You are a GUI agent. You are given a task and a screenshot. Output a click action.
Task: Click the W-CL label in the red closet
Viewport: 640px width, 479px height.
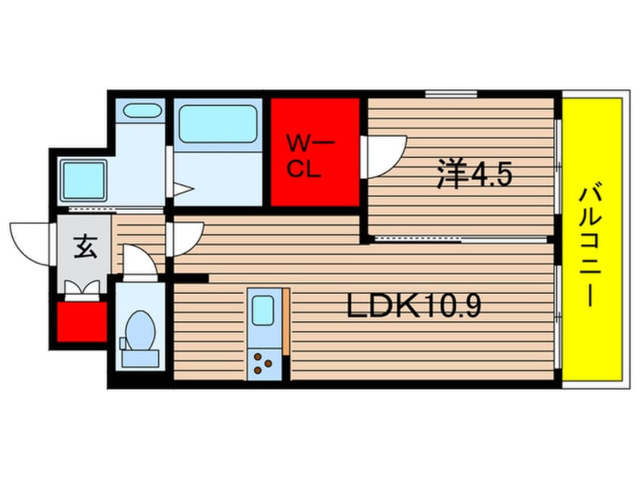click(310, 156)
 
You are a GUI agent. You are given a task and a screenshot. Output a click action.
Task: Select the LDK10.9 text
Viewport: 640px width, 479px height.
click(414, 306)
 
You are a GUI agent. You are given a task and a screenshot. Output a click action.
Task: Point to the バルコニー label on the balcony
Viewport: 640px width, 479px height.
click(591, 246)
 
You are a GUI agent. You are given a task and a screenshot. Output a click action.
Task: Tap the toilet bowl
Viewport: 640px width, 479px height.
click(141, 330)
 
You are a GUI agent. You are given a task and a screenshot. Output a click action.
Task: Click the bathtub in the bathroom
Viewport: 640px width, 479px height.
click(218, 123)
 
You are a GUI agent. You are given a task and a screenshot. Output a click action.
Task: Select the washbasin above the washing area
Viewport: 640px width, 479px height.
click(141, 110)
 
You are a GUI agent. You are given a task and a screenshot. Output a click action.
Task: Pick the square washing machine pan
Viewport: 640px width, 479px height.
click(83, 180)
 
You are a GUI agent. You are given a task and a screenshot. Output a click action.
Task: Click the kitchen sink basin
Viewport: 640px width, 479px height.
click(263, 311)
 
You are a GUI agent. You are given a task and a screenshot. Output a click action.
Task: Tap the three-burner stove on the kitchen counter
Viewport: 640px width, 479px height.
click(262, 363)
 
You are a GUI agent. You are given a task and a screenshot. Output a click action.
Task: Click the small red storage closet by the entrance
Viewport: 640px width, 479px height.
click(82, 321)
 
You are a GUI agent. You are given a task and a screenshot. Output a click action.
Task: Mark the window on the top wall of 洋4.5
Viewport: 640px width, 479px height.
click(451, 94)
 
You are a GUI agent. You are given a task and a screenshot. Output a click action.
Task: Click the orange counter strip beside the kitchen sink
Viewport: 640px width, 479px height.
click(287, 321)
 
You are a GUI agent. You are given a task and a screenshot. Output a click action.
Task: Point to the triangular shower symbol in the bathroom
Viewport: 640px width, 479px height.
click(182, 190)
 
